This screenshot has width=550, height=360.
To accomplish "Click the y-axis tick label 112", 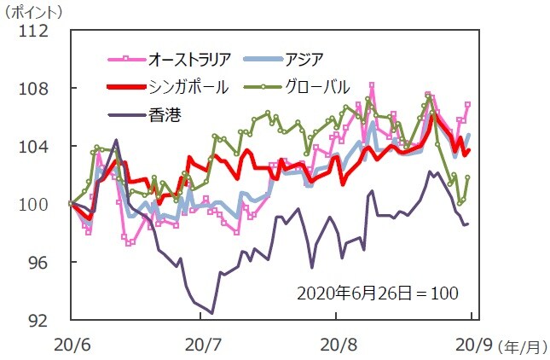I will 34,32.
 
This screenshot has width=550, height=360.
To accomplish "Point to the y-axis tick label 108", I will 34,90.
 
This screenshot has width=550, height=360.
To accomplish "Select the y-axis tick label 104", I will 34,147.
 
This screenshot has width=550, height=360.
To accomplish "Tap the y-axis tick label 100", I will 34,205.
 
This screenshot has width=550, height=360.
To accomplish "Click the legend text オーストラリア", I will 190,59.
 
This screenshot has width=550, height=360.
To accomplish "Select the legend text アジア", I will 304,59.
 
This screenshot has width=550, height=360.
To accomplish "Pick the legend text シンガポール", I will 188,86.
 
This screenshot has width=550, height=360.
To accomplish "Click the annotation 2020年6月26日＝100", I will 377,293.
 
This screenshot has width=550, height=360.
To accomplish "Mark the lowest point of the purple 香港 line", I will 211,313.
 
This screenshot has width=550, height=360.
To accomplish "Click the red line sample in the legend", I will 124,87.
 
